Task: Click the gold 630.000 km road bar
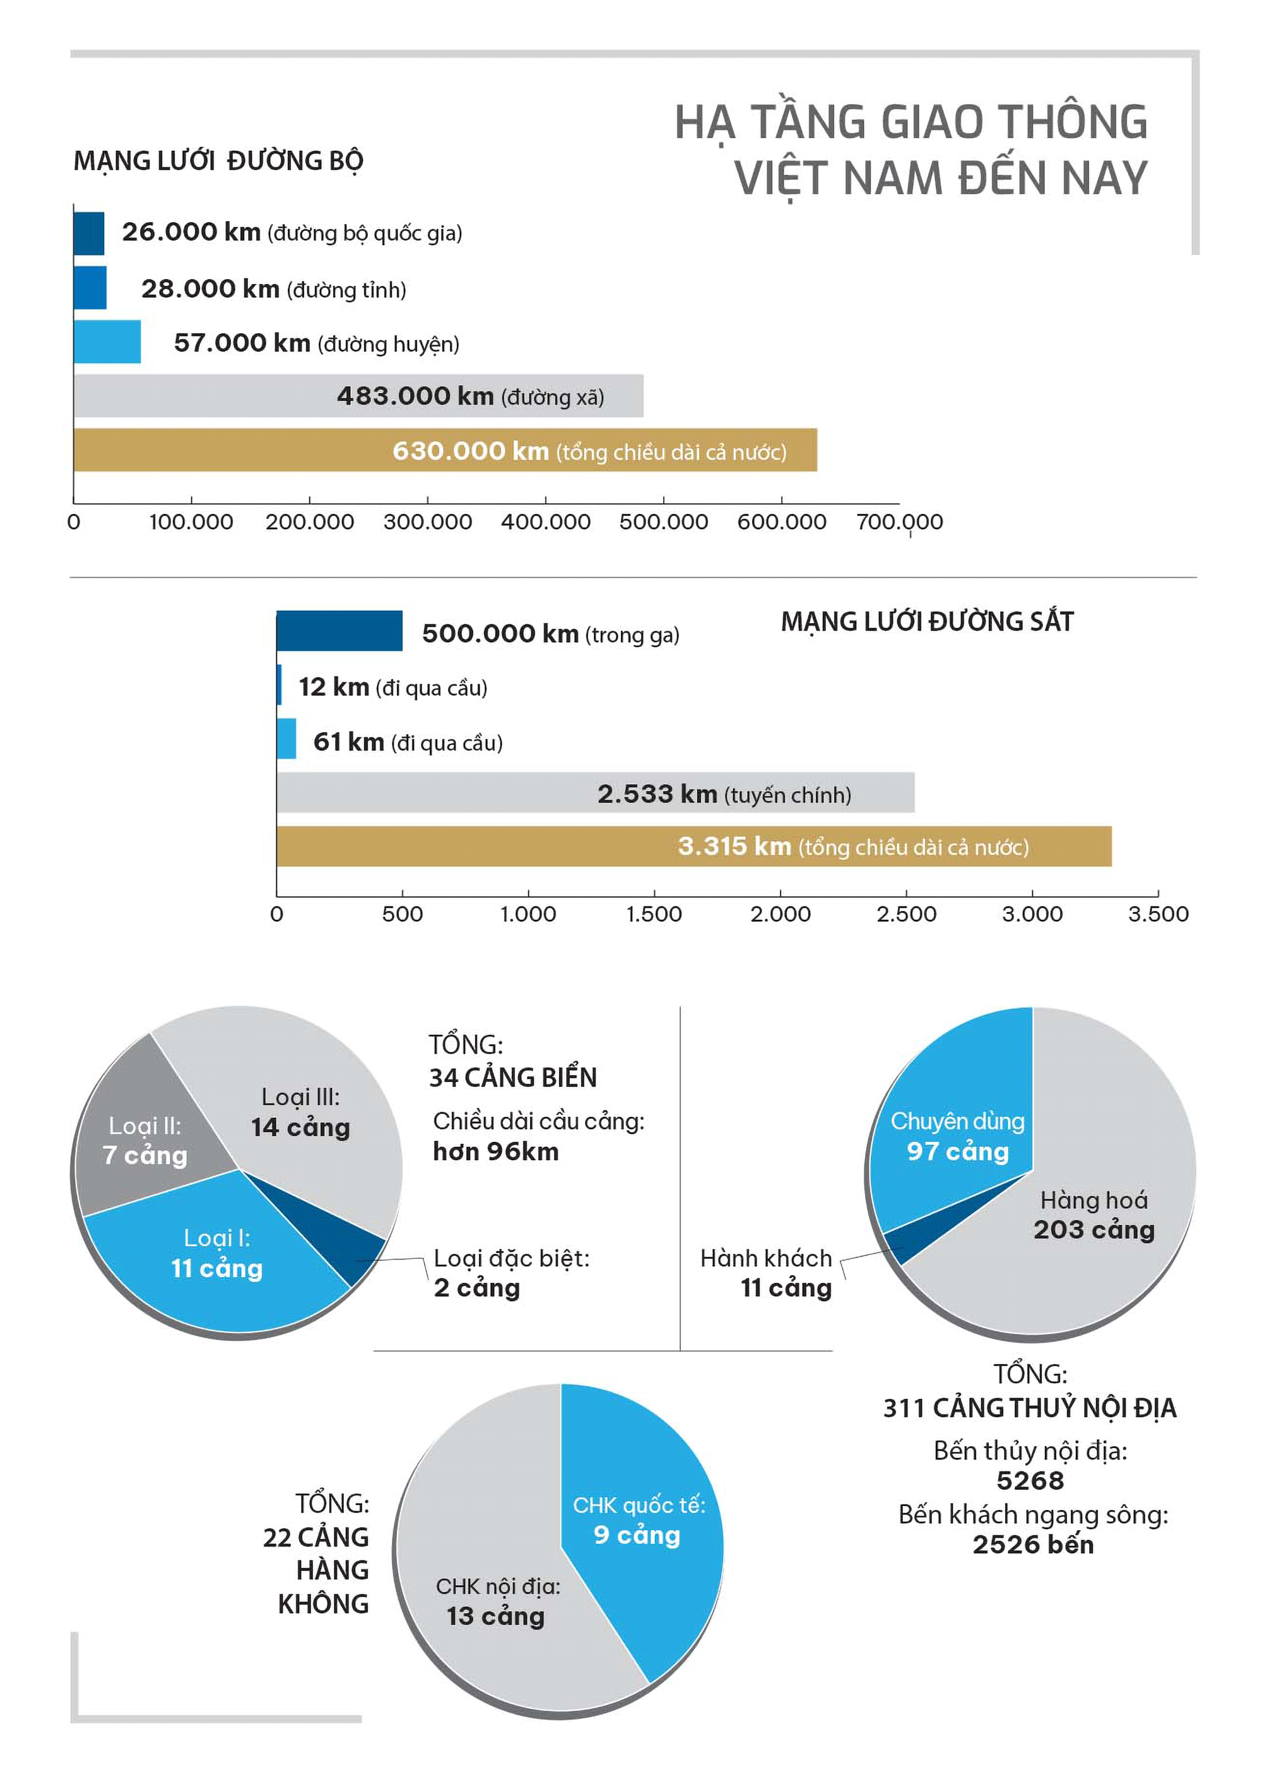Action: click(233, 450)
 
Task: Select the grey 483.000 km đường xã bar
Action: click(202, 396)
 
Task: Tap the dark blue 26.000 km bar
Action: click(88, 233)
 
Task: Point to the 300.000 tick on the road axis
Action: click(427, 521)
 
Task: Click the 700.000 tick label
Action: click(899, 521)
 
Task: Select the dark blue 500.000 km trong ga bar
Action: click(339, 630)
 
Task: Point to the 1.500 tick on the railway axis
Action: click(654, 913)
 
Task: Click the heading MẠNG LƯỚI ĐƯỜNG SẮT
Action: click(926, 622)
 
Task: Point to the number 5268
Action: click(1030, 1480)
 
